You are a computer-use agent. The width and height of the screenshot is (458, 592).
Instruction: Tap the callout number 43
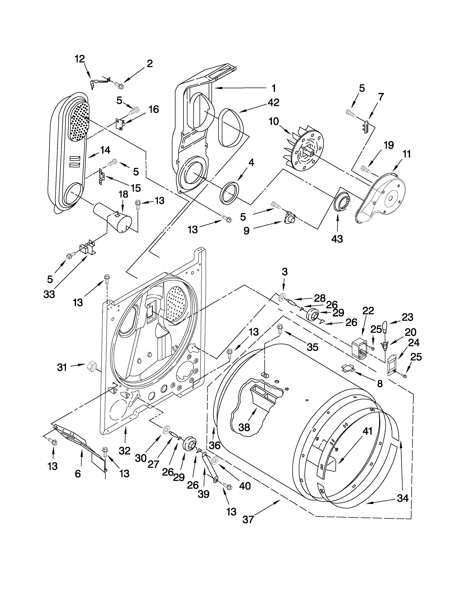[x=337, y=239]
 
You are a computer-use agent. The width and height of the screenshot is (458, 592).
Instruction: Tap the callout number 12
[x=80, y=59]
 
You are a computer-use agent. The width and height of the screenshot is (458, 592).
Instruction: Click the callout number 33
[x=49, y=294]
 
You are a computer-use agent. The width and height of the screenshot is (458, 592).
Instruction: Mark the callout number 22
[x=368, y=310]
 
